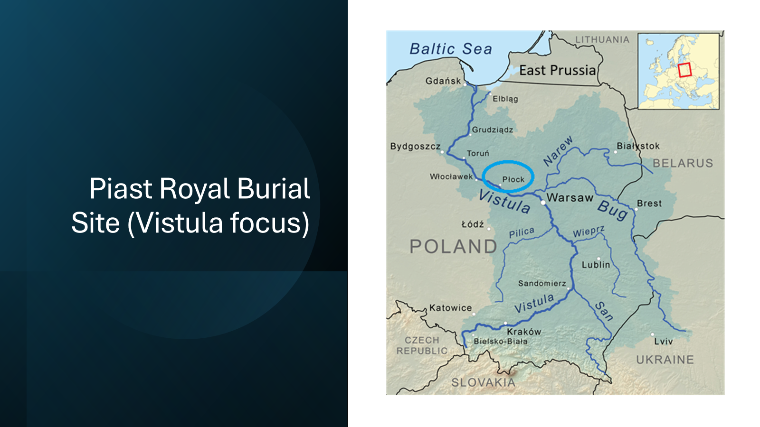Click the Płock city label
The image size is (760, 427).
(513, 179)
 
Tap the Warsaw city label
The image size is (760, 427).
(570, 197)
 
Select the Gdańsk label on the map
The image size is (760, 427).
(443, 81)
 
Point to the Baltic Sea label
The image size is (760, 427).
(451, 49)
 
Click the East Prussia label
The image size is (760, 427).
(558, 71)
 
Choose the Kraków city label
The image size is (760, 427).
(524, 332)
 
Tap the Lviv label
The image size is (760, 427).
(663, 341)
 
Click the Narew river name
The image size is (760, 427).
(558, 151)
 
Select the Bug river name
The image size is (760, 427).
(613, 211)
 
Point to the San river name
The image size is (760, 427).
(604, 311)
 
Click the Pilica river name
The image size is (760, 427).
(522, 232)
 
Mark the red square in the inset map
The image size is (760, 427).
(684, 70)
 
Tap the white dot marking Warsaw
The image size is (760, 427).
(543, 203)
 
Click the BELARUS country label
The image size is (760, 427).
(683, 163)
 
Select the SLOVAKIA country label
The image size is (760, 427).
(483, 382)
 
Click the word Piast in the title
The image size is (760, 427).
(121, 188)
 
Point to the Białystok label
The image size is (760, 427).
(638, 146)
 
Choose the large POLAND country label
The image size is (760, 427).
(453, 246)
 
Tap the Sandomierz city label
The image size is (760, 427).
(542, 283)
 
